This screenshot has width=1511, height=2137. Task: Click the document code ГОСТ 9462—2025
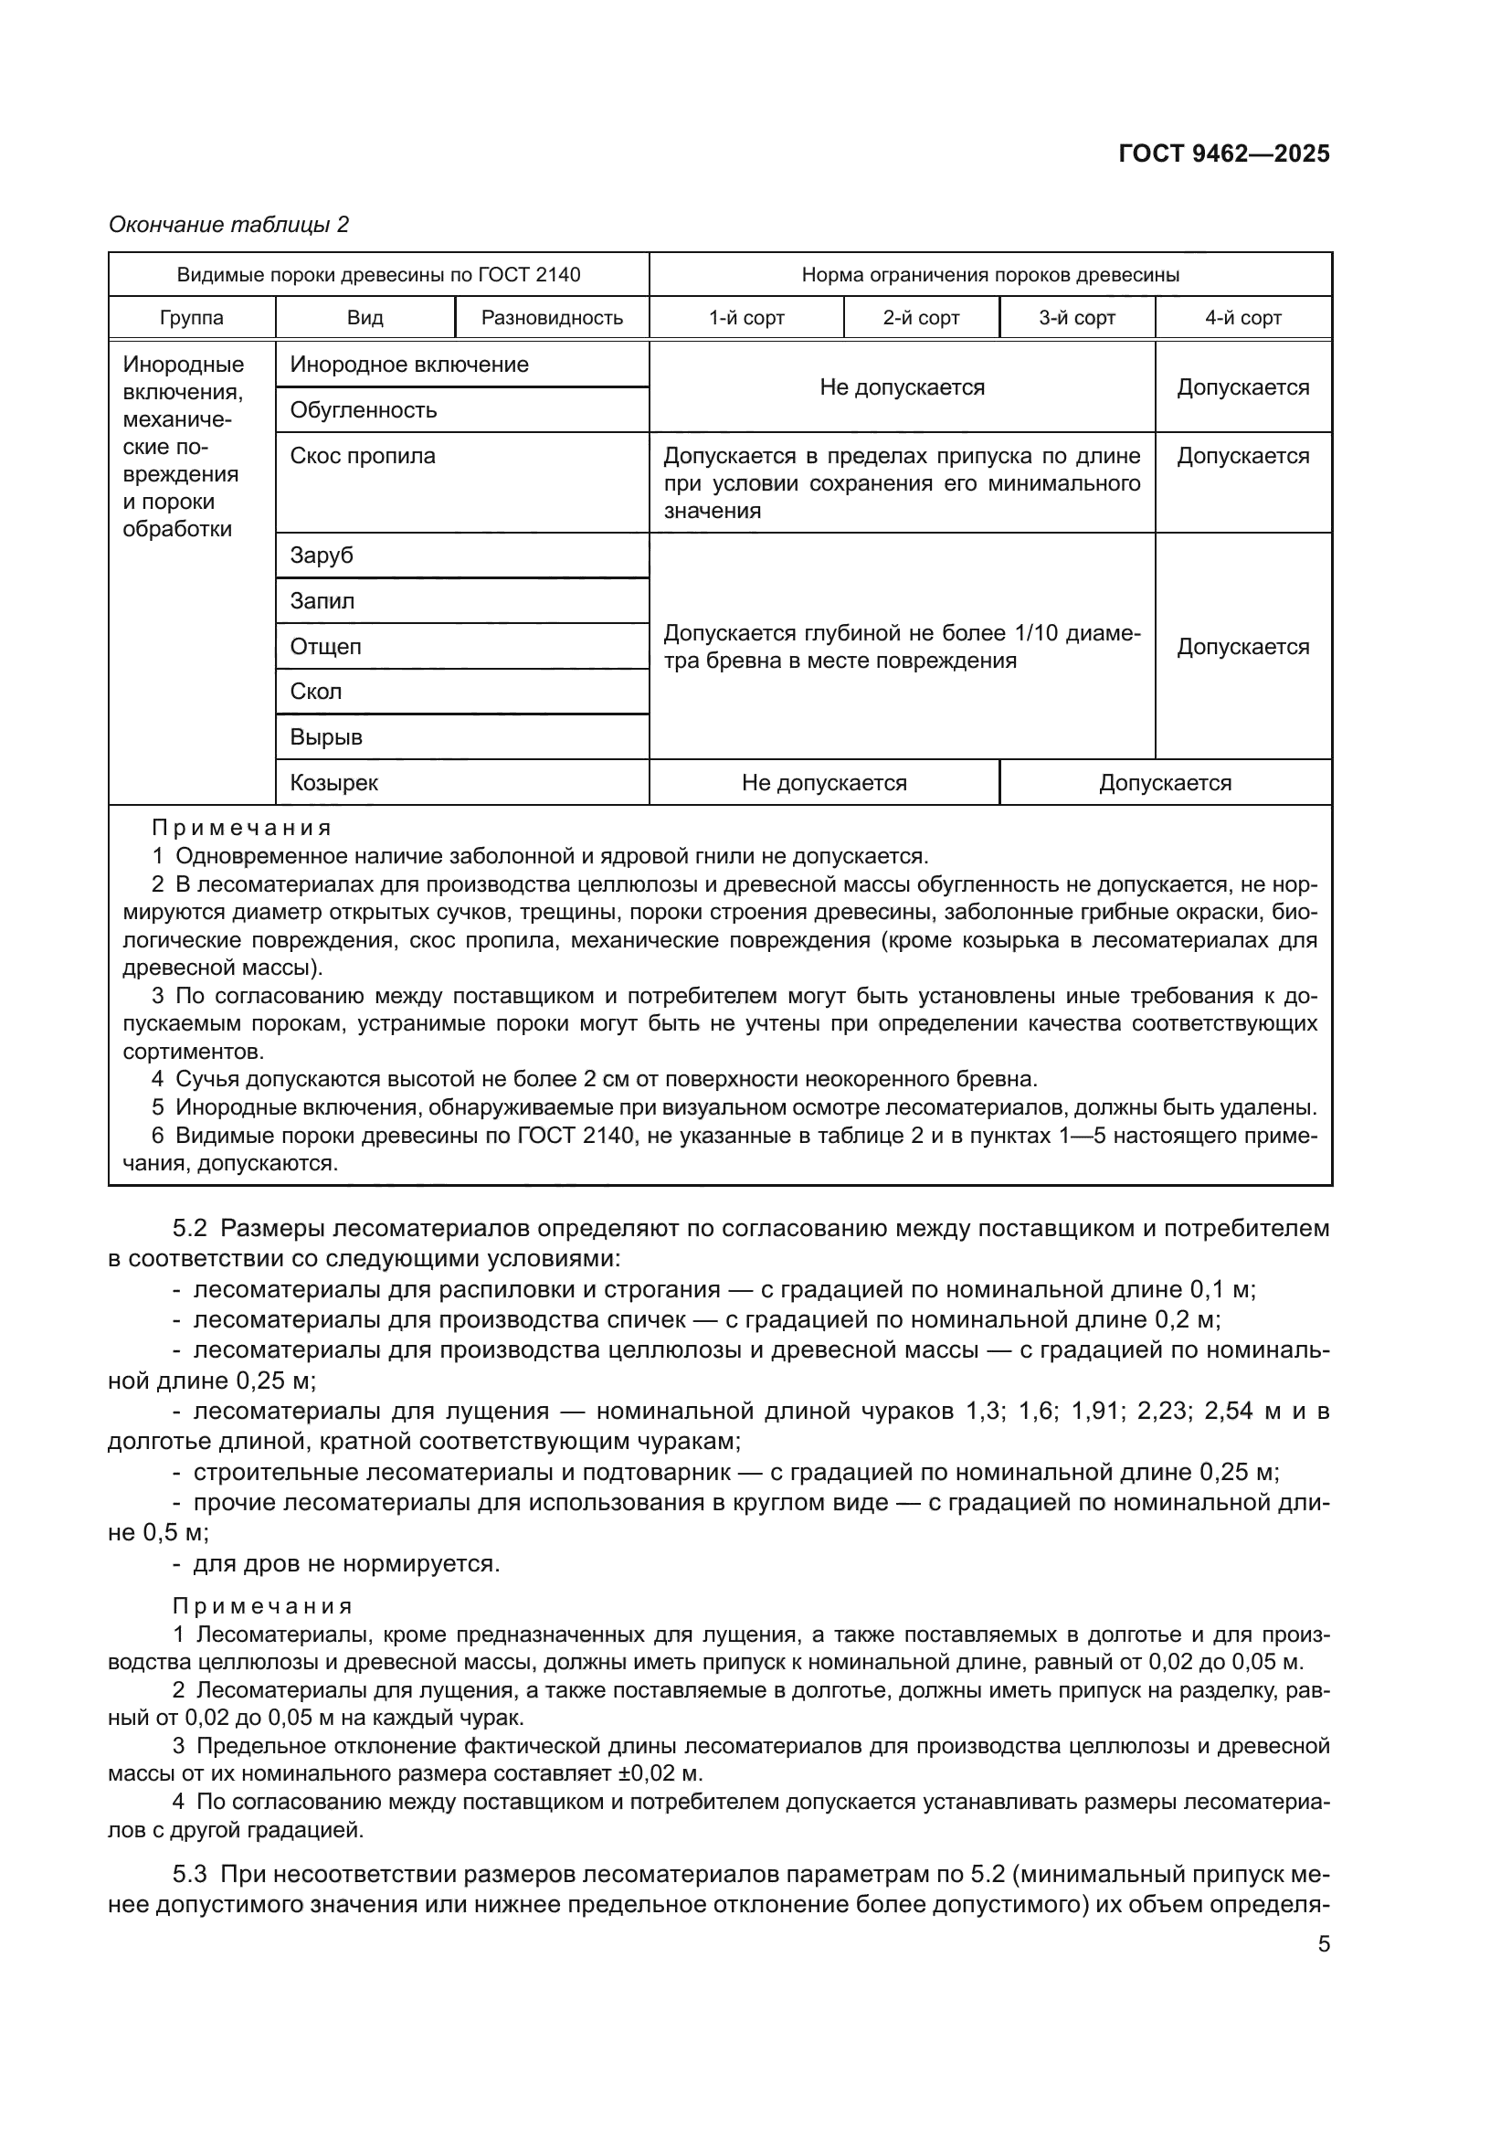coord(1223,153)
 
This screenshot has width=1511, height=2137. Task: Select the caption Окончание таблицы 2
coord(229,225)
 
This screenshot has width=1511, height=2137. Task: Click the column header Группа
coord(192,317)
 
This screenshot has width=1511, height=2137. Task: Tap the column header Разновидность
coord(552,317)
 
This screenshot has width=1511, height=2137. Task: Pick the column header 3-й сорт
coord(1076,317)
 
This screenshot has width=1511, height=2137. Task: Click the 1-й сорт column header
coord(746,317)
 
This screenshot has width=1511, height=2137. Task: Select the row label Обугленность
coord(363,409)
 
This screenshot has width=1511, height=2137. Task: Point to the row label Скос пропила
coord(362,456)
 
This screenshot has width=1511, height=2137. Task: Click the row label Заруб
coord(322,555)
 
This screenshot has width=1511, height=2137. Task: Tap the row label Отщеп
coord(325,646)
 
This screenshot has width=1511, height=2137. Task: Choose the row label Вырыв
coord(325,737)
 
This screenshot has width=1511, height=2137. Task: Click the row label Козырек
coord(334,783)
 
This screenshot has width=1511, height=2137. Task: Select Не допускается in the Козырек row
coord(823,783)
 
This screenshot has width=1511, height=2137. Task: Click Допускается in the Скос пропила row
coord(1242,456)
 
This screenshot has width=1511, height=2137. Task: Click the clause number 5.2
coord(189,1229)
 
